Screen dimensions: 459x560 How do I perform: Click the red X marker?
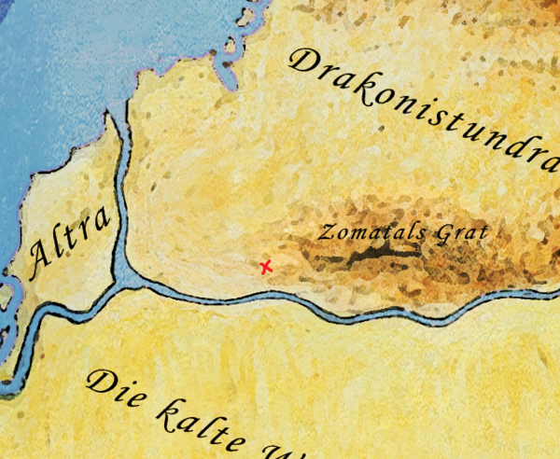click(x=266, y=268)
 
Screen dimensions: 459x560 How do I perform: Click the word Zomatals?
click(x=364, y=231)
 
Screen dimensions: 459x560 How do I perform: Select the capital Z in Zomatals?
click(x=326, y=231)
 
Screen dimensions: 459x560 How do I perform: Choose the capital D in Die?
click(x=97, y=381)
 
